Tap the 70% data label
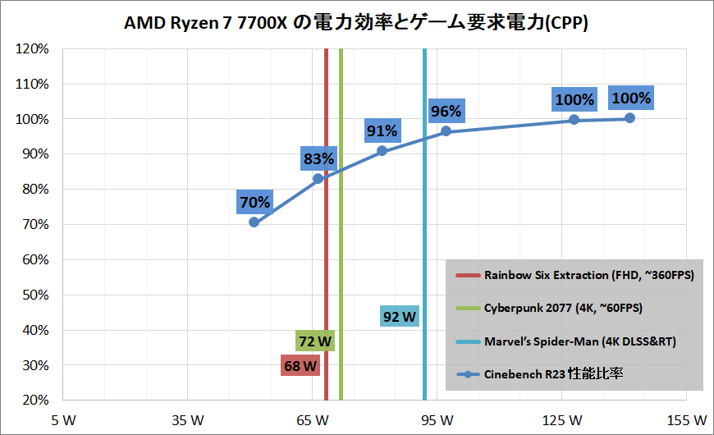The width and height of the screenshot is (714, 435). coord(254,202)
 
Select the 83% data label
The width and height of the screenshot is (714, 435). coord(318,159)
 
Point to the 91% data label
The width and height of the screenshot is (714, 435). coord(382,130)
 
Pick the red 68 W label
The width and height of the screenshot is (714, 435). coord(300,366)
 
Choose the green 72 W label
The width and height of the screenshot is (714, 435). coord(316,340)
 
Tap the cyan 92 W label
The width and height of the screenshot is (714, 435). coord(400,316)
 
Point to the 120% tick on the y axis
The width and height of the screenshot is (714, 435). coord(34,49)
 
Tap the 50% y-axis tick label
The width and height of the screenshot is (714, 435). coord(34,295)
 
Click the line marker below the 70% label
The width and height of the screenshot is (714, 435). coord(254,222)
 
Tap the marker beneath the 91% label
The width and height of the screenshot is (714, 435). coord(382,151)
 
